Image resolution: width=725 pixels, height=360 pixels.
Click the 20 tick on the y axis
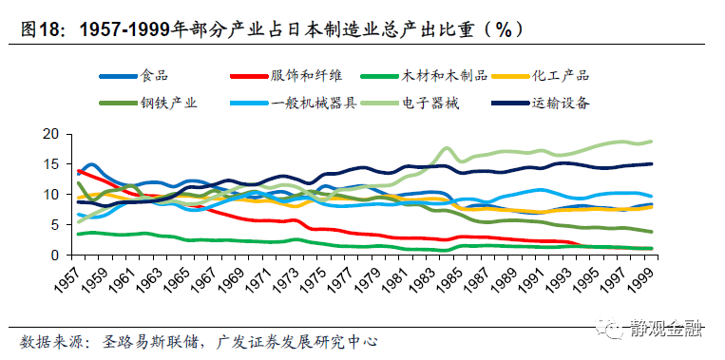(x=53, y=134)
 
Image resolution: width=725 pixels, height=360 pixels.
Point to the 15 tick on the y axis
(x=53, y=164)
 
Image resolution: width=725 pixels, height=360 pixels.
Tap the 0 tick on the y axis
(x=57, y=255)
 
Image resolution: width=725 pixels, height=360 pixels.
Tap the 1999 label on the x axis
(x=649, y=281)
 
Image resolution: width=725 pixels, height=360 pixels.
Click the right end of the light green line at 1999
(x=652, y=142)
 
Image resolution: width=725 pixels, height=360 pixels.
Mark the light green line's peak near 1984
(x=447, y=148)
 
